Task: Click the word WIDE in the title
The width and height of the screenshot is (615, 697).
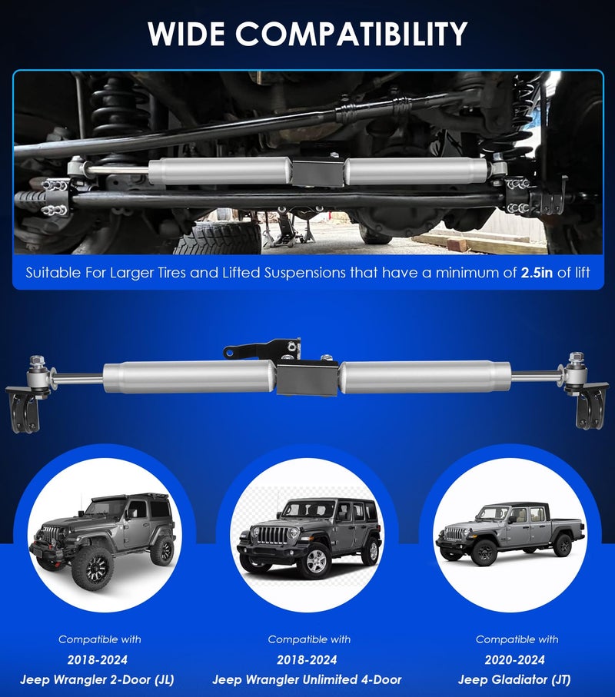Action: point(186,33)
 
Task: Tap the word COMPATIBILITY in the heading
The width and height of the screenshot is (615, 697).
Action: point(351,33)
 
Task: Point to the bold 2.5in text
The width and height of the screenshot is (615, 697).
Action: point(537,272)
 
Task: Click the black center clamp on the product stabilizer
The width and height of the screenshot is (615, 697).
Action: point(307,379)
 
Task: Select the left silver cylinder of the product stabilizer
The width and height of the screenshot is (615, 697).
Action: point(190,377)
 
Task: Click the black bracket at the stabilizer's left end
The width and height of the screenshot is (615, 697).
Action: point(22,410)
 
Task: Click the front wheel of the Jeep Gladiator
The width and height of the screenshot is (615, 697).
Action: point(483,553)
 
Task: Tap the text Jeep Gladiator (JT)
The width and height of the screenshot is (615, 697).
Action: point(514,679)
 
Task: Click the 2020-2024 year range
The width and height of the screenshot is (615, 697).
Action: point(514,659)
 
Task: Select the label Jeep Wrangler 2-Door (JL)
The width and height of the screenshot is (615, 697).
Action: point(97,679)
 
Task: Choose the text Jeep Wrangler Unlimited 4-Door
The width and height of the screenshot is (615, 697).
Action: point(307,679)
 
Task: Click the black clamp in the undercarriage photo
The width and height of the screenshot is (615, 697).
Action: point(318,171)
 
